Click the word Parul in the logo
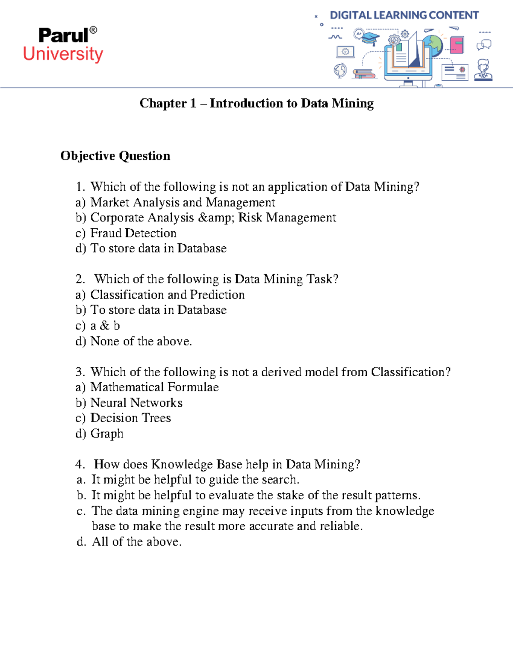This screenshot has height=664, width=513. click(x=63, y=35)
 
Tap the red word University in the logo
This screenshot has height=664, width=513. click(x=63, y=54)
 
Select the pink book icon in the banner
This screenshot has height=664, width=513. click(x=457, y=44)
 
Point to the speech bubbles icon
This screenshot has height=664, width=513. click(x=484, y=44)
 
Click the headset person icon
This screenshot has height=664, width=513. click(x=484, y=70)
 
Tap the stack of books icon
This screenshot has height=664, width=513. click(x=364, y=74)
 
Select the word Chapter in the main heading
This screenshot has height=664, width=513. click(x=163, y=103)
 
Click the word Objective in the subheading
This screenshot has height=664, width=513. click(x=88, y=156)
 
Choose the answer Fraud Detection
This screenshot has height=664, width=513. click(x=133, y=233)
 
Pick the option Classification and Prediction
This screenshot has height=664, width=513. click(x=167, y=295)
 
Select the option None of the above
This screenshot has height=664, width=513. click(x=141, y=341)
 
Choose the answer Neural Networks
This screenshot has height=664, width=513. click(x=136, y=403)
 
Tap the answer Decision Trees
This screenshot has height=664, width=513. click(x=130, y=418)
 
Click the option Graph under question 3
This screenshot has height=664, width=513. click(x=107, y=434)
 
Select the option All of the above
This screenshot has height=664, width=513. click(x=137, y=542)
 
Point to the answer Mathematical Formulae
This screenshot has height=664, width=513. click(x=154, y=387)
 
